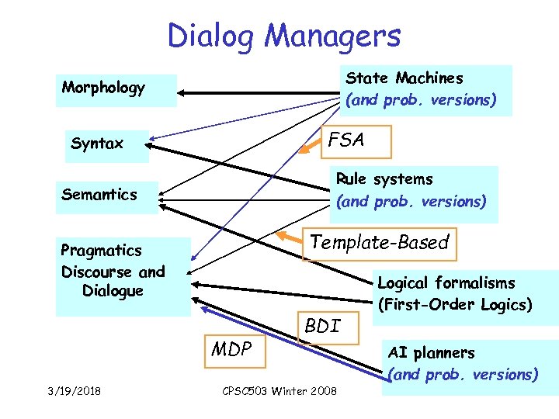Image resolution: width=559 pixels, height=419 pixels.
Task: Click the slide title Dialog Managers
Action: [x=283, y=36]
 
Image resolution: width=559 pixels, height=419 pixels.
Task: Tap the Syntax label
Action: [x=97, y=144]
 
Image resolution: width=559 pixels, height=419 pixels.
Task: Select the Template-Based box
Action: [x=379, y=243]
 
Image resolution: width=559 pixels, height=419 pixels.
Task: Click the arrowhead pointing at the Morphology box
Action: [x=183, y=93]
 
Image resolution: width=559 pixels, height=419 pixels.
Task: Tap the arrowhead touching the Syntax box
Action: [x=151, y=144]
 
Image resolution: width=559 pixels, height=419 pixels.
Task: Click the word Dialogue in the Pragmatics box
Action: [x=113, y=291]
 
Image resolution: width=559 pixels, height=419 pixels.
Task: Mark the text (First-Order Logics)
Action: [x=455, y=305]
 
